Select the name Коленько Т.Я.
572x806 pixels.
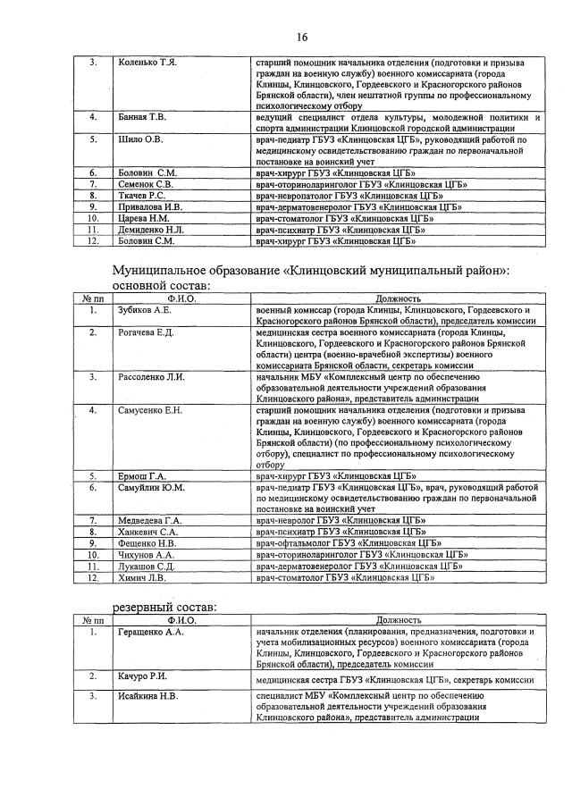[147, 63]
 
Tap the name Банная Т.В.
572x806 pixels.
[142, 117]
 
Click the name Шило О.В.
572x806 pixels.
[140, 139]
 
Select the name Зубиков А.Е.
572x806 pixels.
[145, 309]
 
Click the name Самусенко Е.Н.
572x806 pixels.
[150, 410]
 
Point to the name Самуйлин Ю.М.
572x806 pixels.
[151, 488]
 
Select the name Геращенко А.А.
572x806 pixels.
[151, 632]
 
